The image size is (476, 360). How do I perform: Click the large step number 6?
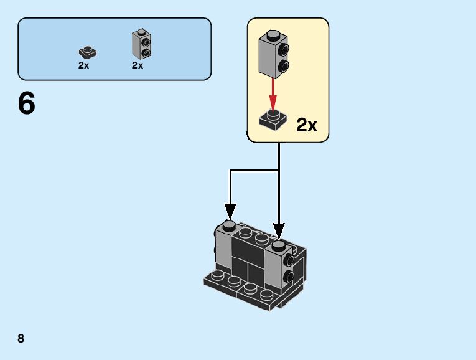click(27, 103)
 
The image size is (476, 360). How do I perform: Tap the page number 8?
click(21, 338)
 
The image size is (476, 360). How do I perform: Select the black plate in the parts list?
click(88, 52)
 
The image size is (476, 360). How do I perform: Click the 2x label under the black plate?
click(84, 65)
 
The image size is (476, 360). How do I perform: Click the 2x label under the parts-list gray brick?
click(138, 65)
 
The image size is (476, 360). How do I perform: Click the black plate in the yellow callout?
click(272, 120)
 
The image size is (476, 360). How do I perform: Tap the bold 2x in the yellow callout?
click(307, 125)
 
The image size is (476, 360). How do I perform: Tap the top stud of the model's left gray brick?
click(228, 225)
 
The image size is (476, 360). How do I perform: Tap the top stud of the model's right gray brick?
click(278, 244)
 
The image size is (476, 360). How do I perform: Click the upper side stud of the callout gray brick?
click(283, 49)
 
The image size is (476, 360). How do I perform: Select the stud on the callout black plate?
click(272, 114)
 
